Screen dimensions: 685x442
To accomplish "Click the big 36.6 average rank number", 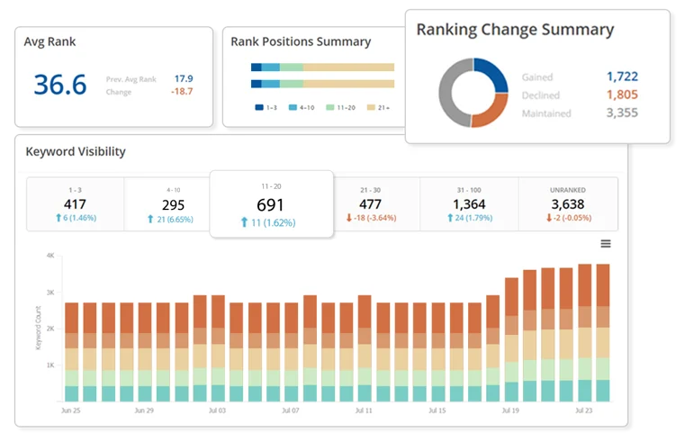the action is coord(60,85).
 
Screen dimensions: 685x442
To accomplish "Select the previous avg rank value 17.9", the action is coord(184,78).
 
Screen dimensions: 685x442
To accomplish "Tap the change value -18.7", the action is coord(182,91).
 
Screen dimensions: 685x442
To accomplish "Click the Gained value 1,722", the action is coord(622,77).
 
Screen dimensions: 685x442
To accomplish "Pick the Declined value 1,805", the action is coord(622,95).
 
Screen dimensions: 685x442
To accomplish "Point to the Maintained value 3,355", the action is coord(622,113).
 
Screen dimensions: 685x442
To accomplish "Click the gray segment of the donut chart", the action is coord(450,93).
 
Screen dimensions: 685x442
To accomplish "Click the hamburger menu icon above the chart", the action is coord(606,244).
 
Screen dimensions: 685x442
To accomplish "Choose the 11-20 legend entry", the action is coord(341,107).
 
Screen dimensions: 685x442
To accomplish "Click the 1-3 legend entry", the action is coord(266,107).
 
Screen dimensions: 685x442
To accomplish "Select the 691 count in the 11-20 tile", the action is coord(270,205).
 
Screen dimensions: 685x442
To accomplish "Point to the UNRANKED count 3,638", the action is coord(567,204).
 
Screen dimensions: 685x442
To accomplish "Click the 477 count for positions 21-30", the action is coord(370,204).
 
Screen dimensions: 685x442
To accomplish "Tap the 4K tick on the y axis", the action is coord(50,256).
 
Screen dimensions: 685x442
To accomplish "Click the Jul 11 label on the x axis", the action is coord(364,410).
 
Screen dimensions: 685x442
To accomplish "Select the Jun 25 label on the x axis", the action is coord(71,410).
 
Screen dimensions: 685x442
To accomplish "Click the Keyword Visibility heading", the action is coord(76,151).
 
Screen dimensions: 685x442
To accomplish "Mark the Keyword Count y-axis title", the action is coord(38,328).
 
